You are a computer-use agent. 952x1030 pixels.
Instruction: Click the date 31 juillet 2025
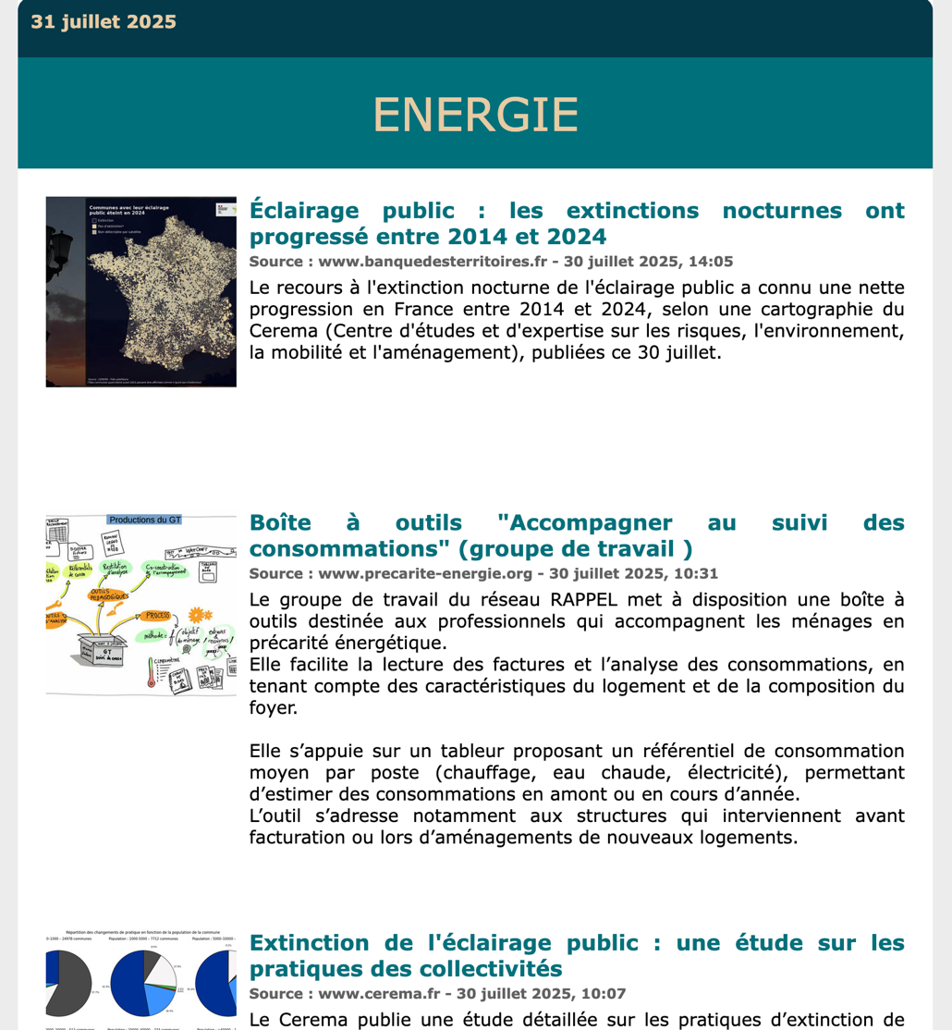tap(104, 22)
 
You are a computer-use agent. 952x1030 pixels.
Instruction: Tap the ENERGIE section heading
tap(475, 115)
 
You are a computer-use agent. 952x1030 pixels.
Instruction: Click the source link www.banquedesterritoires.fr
tap(433, 262)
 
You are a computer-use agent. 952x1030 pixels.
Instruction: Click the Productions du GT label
tap(144, 520)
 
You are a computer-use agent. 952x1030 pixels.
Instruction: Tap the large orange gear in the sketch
tap(195, 614)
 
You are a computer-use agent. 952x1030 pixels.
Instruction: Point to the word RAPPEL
tap(619, 600)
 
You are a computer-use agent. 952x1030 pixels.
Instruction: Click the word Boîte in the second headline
tap(280, 523)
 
